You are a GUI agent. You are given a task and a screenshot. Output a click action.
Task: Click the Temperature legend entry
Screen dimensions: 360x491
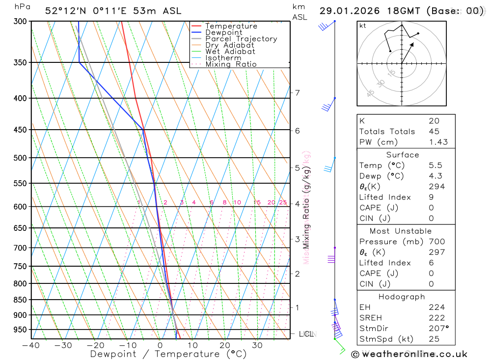pos(231,26)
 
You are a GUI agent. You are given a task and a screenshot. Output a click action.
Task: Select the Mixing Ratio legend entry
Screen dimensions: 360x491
pos(231,64)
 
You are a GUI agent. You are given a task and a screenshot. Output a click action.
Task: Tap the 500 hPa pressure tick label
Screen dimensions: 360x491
pos(20,158)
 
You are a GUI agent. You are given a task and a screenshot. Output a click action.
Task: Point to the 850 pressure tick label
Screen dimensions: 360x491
pos(20,300)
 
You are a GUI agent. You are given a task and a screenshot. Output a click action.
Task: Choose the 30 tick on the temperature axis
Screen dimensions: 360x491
pos(257,345)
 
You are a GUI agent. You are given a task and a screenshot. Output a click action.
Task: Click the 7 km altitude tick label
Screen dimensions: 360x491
pos(297,93)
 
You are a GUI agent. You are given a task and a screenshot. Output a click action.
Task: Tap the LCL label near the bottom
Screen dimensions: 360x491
pos(306,334)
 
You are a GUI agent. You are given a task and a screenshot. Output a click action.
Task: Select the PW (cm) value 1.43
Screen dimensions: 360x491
pos(438,142)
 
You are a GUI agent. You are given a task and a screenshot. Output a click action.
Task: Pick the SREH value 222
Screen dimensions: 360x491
pos(436,318)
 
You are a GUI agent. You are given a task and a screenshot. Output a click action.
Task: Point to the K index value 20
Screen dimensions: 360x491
pos(434,121)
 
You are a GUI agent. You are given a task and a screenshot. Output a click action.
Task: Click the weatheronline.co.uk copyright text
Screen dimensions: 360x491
pos(409,354)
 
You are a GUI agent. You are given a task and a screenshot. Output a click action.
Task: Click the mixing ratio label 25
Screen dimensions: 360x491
pos(283,202)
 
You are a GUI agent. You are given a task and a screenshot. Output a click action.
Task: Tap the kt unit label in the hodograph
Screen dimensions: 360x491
pos(363,26)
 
